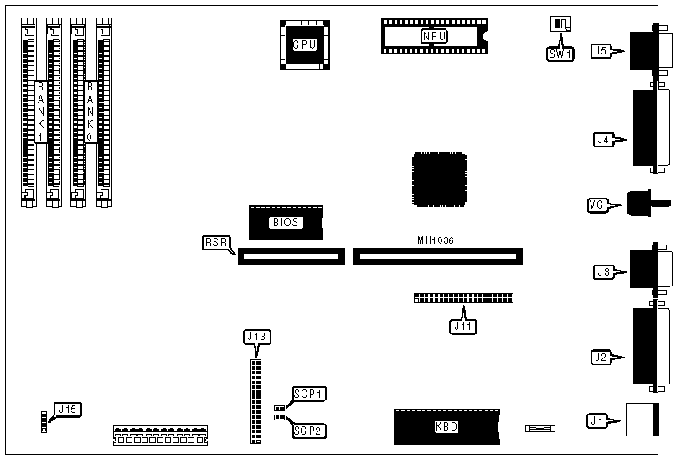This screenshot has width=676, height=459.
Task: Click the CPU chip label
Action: click(x=303, y=44)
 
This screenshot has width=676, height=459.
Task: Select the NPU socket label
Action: click(x=434, y=36)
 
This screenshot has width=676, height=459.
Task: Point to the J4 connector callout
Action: click(x=603, y=139)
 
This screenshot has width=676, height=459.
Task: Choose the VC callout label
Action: click(x=597, y=204)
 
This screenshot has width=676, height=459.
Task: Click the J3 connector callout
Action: click(x=603, y=271)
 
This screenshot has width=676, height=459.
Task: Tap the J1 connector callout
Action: click(x=596, y=419)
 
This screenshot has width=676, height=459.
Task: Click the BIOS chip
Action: click(x=285, y=222)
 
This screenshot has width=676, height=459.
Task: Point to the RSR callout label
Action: click(x=215, y=242)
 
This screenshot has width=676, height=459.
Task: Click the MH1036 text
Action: click(x=436, y=240)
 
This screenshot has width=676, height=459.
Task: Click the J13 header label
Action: click(x=255, y=337)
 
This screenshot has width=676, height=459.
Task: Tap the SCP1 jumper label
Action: click(x=308, y=394)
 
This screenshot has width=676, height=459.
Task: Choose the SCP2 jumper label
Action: click(x=308, y=431)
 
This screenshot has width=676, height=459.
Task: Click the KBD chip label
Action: click(x=446, y=426)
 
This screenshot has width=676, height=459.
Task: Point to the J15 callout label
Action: click(x=66, y=410)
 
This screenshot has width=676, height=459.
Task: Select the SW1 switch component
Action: click(x=559, y=24)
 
